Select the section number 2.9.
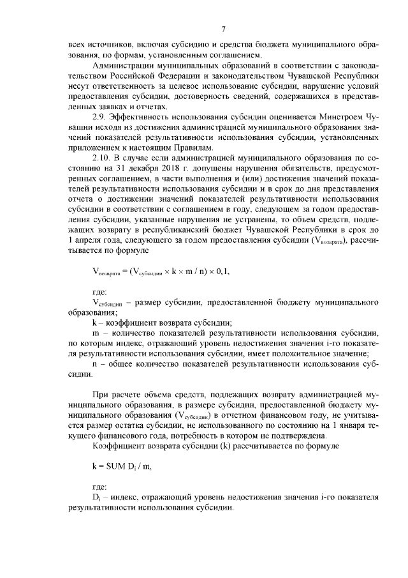[101, 119]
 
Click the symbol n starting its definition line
[95, 363]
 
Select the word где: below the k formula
[101, 486]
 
